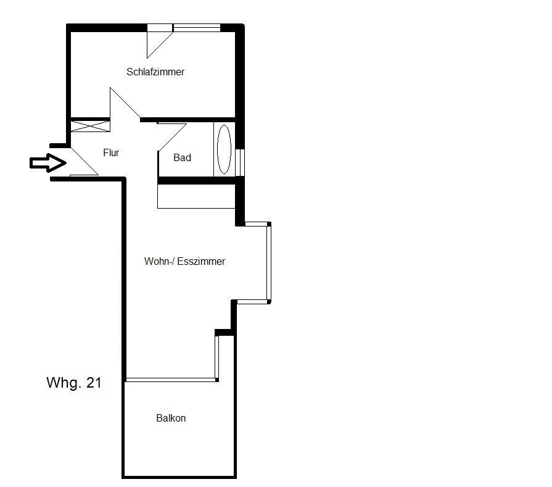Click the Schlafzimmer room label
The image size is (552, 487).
tap(155, 72)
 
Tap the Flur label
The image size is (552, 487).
tap(111, 152)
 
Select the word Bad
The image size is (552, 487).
tap(182, 157)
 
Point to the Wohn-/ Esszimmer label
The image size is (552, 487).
tap(184, 261)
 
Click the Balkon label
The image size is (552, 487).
tap(171, 418)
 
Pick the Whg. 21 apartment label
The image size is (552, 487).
tap(74, 383)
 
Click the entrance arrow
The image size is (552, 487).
tap(47, 163)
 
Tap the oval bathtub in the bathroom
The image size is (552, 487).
tap(225, 149)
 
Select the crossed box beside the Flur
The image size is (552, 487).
tap(91, 126)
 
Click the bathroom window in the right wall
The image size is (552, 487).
tap(240, 162)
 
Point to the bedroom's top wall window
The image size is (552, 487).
tap(197, 28)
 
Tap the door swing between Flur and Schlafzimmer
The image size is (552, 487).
tap(125, 103)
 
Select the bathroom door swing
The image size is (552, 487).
tap(172, 138)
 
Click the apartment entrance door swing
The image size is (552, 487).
tap(84, 161)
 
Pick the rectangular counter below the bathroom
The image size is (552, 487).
tap(196, 196)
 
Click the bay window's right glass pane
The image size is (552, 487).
tap(269, 262)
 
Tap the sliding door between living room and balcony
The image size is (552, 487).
tap(171, 380)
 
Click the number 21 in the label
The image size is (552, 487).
tap(94, 383)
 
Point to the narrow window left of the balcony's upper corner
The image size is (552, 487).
tap(217, 357)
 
